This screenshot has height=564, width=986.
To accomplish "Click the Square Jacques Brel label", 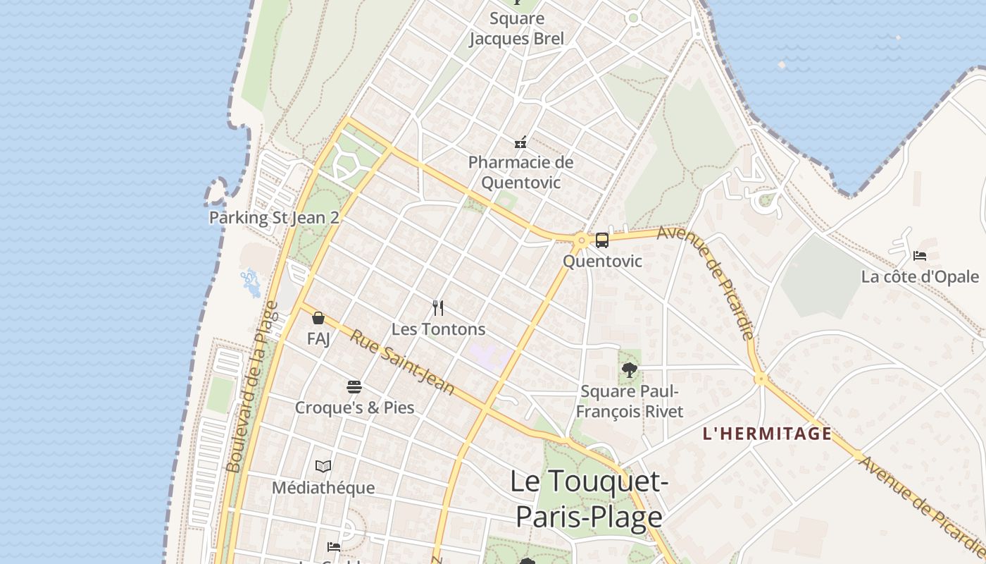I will click(516, 29).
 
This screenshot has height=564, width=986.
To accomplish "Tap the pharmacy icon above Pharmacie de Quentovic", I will click(520, 142).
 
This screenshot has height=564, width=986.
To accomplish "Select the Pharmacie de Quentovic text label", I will click(520, 172).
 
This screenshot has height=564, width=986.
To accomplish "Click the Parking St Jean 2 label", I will click(274, 218).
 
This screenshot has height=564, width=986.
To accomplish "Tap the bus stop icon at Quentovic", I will click(602, 240).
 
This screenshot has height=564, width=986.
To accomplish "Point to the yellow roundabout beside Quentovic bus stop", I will click(581, 241).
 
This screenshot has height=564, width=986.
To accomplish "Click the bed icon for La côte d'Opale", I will click(919, 256).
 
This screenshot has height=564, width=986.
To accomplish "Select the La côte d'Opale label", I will click(920, 276).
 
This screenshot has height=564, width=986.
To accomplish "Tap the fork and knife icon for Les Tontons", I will click(438, 308).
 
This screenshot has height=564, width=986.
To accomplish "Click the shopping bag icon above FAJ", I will click(318, 318).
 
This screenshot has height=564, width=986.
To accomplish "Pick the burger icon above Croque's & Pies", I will click(354, 387).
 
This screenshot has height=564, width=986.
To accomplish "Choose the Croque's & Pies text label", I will click(354, 407).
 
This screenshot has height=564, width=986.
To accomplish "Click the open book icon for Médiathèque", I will click(323, 466).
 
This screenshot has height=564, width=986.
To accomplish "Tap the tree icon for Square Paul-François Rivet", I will click(630, 370).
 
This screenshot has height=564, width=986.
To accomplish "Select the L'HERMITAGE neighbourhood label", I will click(767, 434).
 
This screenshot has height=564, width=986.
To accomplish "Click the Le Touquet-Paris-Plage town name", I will click(589, 499).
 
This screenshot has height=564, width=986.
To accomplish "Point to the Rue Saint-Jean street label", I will click(402, 362).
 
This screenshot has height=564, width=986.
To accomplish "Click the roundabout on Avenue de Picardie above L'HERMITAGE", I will click(760, 379).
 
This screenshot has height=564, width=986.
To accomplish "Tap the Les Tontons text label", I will click(438, 329).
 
